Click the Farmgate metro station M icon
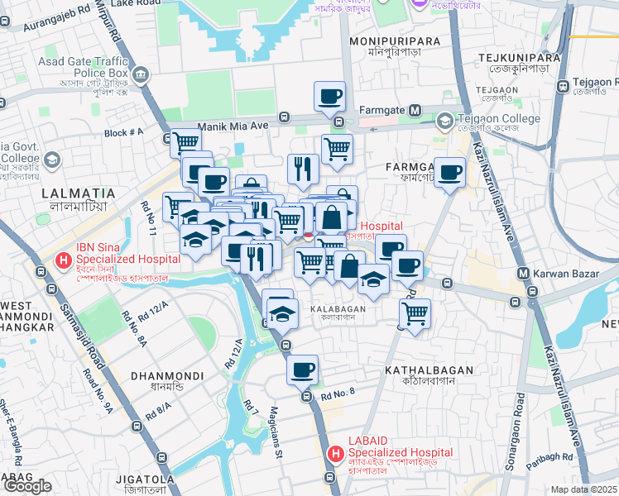415,110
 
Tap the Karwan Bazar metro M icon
523,274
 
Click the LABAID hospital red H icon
336,453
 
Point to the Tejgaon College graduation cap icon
445,122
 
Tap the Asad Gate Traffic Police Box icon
141,77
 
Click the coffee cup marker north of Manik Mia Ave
329,95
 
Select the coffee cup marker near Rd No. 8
303,368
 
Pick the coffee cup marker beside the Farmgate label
449,172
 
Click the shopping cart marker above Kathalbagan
415,312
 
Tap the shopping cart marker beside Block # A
185,143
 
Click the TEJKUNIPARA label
520,57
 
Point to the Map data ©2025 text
584,489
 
